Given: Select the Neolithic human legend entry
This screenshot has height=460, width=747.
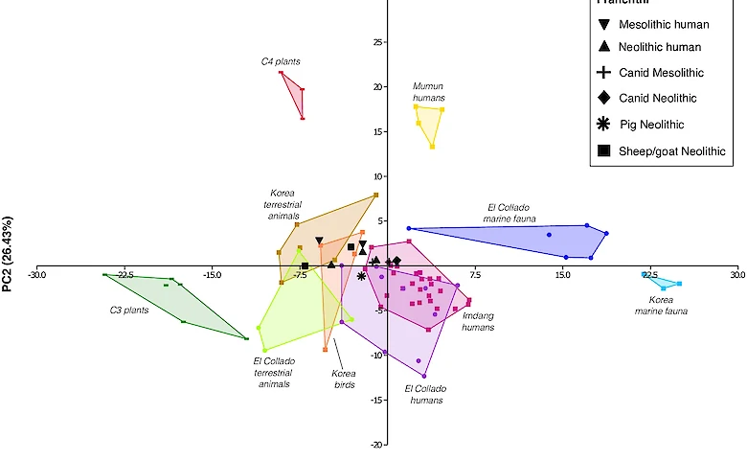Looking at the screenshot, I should [661, 47].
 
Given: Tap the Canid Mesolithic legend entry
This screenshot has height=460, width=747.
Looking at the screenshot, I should [661, 73].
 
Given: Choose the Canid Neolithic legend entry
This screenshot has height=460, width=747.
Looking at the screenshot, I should [657, 98].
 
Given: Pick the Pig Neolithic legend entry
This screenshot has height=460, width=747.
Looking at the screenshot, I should [651, 125].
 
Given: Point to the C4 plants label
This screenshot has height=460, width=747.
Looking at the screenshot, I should [281, 61].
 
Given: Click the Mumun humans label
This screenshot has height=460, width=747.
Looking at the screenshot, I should [429, 92].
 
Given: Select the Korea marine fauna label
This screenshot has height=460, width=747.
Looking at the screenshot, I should [661, 305].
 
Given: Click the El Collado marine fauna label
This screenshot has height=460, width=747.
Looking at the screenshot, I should [508, 212].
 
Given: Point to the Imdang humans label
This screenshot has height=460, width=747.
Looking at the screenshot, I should [477, 321].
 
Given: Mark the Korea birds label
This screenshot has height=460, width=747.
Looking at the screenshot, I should [343, 379].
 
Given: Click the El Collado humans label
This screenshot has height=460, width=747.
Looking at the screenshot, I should [425, 394].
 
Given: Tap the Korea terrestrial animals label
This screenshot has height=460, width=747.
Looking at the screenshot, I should [283, 203].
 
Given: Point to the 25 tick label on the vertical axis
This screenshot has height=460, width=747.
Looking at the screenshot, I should [377, 42].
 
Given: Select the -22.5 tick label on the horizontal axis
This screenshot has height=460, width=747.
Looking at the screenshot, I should [124, 275].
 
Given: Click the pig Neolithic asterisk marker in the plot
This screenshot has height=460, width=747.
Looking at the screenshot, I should [361, 276].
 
